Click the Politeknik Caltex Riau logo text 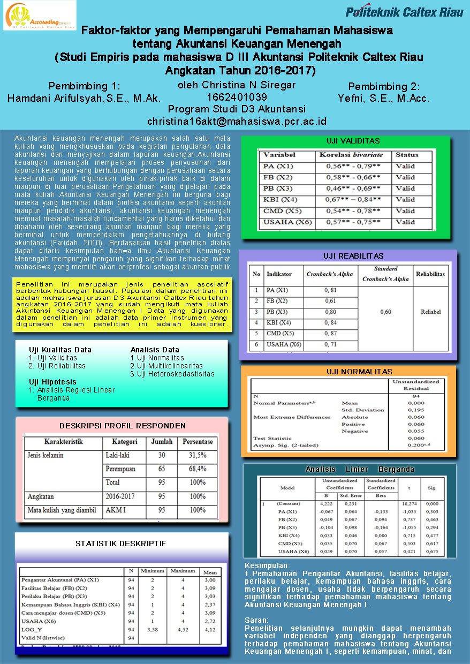(404, 12)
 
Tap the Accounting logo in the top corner (40, 16)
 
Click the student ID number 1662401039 (237, 97)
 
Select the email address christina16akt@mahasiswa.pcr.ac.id (237, 122)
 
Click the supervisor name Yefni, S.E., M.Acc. (384, 99)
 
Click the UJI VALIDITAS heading (353, 141)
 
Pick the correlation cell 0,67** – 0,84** (353, 200)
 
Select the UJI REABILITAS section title (353, 256)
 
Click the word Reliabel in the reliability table (430, 312)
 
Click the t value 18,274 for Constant (408, 504)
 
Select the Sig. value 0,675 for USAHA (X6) (432, 552)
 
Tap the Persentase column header (198, 442)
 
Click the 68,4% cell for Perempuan (198, 469)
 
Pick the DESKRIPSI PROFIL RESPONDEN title (123, 426)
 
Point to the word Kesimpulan (267, 565)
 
